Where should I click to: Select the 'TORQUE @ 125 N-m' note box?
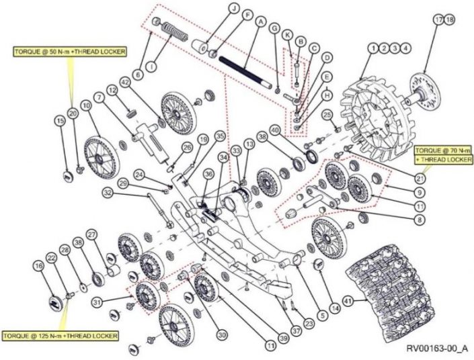coord(60,334)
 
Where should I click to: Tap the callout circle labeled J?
coord(234,8)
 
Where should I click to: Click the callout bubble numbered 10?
coord(86,105)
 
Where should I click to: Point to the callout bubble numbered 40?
coord(275,129)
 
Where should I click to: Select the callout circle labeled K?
coord(287,34)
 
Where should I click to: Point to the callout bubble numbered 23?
coord(309,324)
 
